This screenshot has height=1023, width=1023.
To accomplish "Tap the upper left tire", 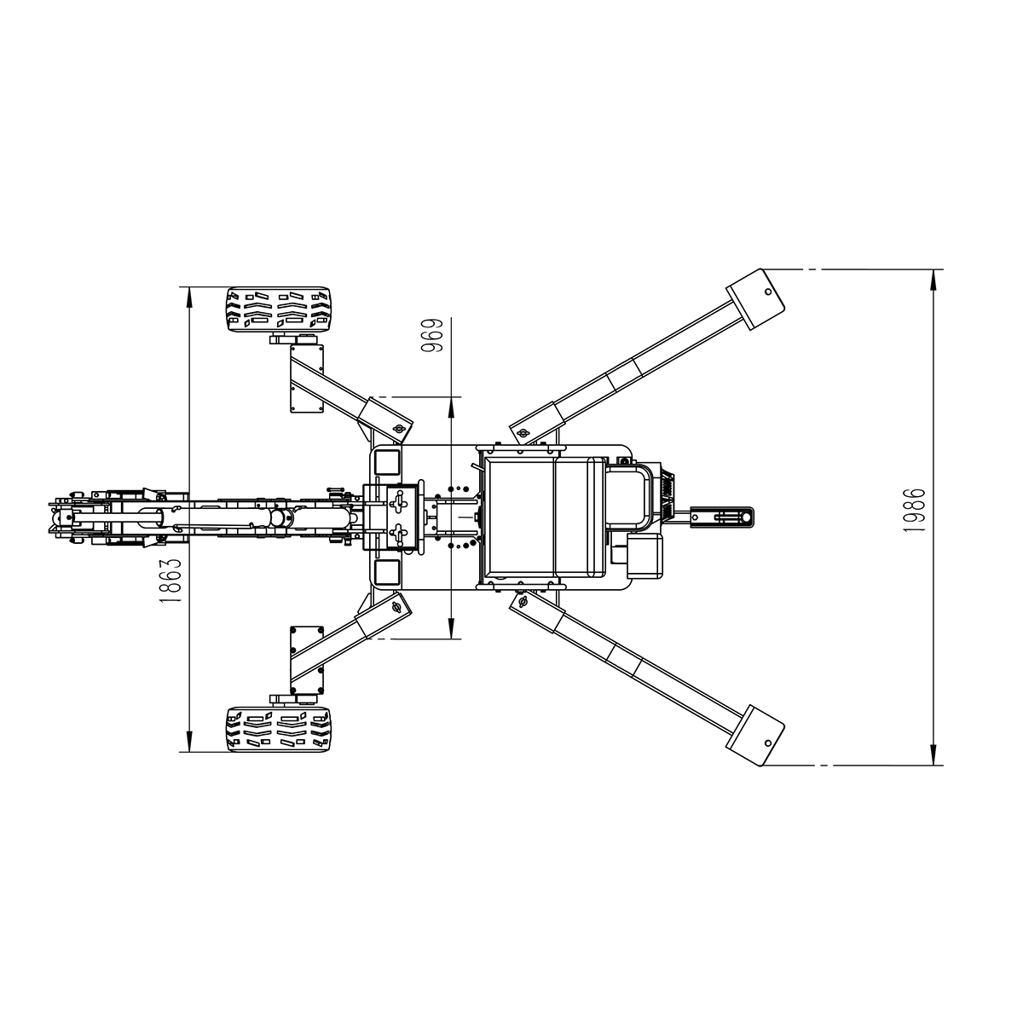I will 280,309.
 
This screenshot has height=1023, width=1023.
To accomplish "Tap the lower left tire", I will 280,729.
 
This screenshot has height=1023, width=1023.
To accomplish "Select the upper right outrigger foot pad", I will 756,298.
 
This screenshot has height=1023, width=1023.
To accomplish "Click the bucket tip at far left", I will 53,517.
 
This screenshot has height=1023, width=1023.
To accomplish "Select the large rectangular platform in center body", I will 543,516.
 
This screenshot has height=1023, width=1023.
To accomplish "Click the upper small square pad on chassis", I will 386,463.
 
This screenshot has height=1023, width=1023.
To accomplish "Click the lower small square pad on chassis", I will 386,571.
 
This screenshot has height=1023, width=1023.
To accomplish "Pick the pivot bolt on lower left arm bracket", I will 396,607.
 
